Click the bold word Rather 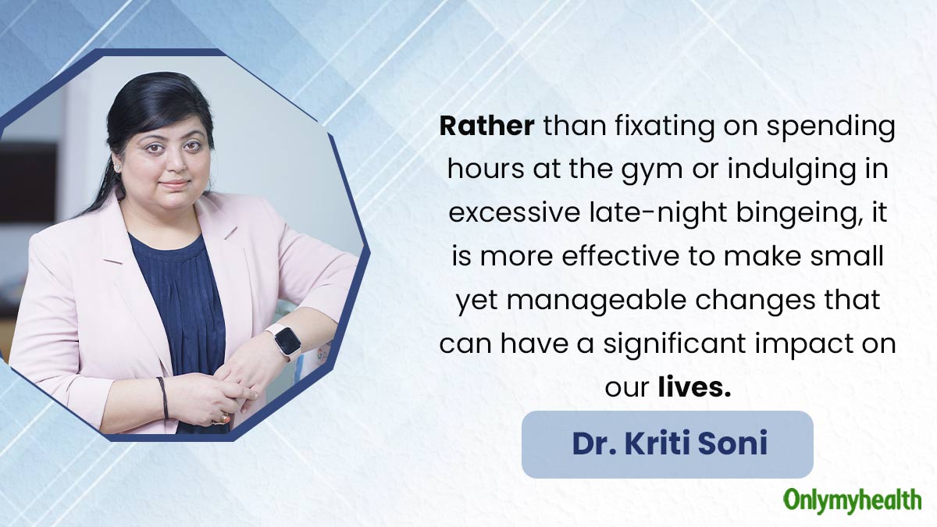pos(486,126)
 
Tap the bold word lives pos(694,387)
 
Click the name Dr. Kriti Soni pos(669,443)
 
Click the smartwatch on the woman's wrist pos(285,341)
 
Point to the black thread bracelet pos(163,397)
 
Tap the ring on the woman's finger pos(225,418)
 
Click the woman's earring pos(118,167)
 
